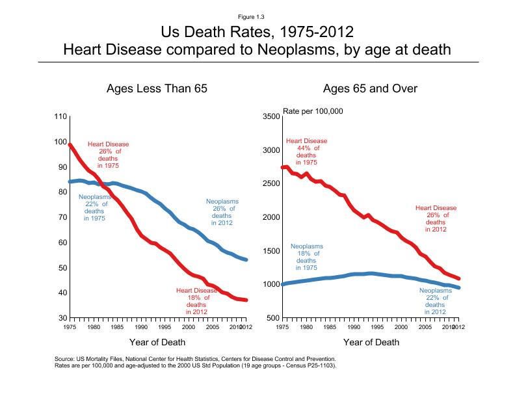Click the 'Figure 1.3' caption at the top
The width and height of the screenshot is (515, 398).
pyautogui.click(x=257, y=16)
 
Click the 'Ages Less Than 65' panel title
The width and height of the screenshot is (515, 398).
pyautogui.click(x=157, y=89)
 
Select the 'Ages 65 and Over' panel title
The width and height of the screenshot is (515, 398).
pyautogui.click(x=370, y=89)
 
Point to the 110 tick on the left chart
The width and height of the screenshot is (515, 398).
pyautogui.click(x=60, y=117)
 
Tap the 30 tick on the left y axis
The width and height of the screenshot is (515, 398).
pyautogui.click(x=62, y=318)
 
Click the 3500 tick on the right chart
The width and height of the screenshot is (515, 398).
pyautogui.click(x=271, y=117)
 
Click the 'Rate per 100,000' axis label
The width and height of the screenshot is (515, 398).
pyautogui.click(x=313, y=111)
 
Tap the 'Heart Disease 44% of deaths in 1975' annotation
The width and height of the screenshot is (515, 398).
pyautogui.click(x=306, y=152)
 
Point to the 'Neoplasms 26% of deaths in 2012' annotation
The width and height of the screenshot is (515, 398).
pyautogui.click(x=222, y=213)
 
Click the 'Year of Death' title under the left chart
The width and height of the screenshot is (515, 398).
pyautogui.click(x=157, y=342)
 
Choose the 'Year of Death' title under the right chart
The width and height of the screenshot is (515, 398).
pyautogui.click(x=371, y=342)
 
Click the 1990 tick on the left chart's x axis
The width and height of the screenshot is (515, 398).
pyautogui.click(x=141, y=328)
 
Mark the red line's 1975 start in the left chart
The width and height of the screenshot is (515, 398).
pyautogui.click(x=70, y=145)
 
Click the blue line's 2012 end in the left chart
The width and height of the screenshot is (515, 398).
pyautogui.click(x=246, y=259)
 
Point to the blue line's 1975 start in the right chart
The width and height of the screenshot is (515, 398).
pyautogui.click(x=283, y=284)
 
